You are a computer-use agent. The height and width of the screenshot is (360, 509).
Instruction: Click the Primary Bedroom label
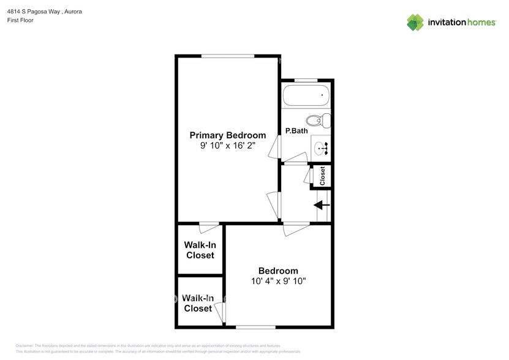coord(227,135)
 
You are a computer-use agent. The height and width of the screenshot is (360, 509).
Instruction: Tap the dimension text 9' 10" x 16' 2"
coord(227,146)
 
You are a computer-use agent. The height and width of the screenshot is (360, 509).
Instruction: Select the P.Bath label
coord(296,130)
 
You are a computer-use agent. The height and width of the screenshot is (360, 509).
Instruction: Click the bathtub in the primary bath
coord(306,96)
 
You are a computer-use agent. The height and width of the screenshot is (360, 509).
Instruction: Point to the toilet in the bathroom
coord(319,119)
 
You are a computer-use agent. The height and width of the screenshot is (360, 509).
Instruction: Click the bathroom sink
coord(322,148)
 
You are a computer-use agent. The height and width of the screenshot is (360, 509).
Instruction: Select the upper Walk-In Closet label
coord(200,250)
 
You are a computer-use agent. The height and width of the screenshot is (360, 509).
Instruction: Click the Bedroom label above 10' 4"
coord(278,271)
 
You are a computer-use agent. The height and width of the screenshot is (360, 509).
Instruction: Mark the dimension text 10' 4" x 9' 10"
coord(278,281)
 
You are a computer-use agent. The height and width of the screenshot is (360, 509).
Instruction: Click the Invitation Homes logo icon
coord(415,22)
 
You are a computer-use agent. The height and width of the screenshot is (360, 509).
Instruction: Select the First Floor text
coord(20,20)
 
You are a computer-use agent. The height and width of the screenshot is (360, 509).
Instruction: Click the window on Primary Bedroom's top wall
coord(228,56)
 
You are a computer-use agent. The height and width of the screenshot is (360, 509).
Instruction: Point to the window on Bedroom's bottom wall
coord(255,327)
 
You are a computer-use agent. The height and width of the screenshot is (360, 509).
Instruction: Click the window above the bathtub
coord(306,80)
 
